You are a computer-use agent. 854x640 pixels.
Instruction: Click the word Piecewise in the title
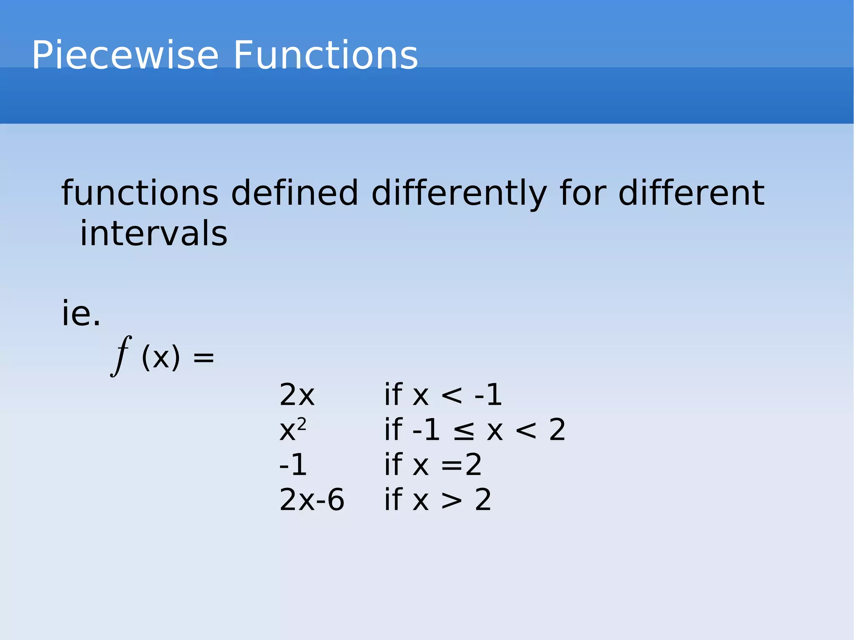point(125,55)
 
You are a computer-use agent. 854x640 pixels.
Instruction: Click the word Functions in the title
point(325,55)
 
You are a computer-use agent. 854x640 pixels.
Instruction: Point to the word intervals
point(153,233)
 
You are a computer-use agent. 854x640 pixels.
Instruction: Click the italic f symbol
point(121,356)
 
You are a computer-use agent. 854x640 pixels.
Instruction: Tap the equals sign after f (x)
point(203,358)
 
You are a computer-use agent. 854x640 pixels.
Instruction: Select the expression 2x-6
point(311,499)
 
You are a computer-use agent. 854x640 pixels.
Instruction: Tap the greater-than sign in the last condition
point(452,500)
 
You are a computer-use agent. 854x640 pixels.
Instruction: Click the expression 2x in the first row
point(296,395)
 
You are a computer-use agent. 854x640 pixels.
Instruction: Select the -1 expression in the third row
point(293,465)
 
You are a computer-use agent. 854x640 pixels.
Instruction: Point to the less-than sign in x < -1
point(452,395)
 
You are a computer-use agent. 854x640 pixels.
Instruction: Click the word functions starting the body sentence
point(140,193)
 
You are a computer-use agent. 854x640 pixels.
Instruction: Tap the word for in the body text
point(583,193)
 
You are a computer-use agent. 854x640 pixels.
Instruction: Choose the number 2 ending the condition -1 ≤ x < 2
point(557,430)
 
